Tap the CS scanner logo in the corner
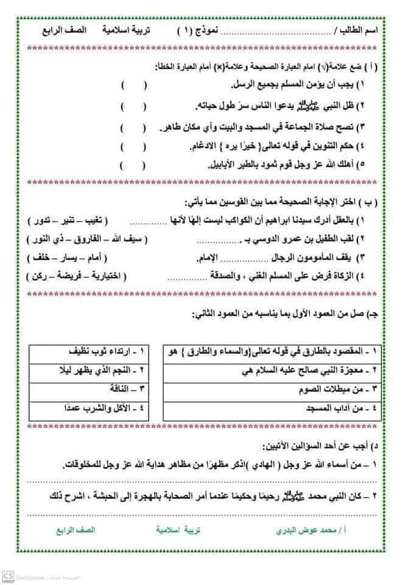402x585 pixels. click(9, 576)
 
